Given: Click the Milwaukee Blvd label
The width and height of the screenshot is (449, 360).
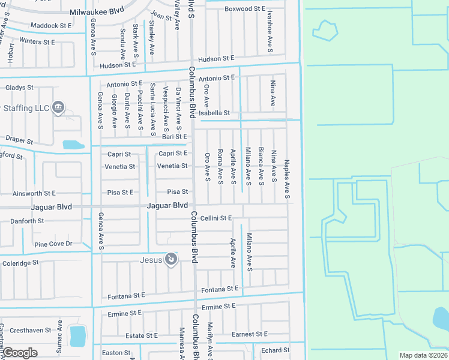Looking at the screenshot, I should (x=96, y=12).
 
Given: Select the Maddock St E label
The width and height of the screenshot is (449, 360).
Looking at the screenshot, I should (x=51, y=26).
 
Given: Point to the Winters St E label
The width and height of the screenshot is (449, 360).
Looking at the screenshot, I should (x=37, y=42).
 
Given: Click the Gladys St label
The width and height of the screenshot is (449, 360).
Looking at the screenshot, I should (x=19, y=88).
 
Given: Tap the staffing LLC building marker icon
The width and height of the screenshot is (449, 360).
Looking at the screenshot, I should (x=58, y=107).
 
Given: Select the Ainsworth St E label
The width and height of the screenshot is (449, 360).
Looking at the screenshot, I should (x=34, y=193).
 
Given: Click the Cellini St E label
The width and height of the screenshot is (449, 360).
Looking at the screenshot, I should (x=216, y=218).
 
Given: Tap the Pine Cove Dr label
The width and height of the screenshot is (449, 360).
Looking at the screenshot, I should (x=53, y=244).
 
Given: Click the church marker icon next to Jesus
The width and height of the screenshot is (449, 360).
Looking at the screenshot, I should (x=171, y=259).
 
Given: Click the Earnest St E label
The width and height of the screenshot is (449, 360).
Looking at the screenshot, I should (x=249, y=334).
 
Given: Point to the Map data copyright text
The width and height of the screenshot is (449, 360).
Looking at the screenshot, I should (x=423, y=355).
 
